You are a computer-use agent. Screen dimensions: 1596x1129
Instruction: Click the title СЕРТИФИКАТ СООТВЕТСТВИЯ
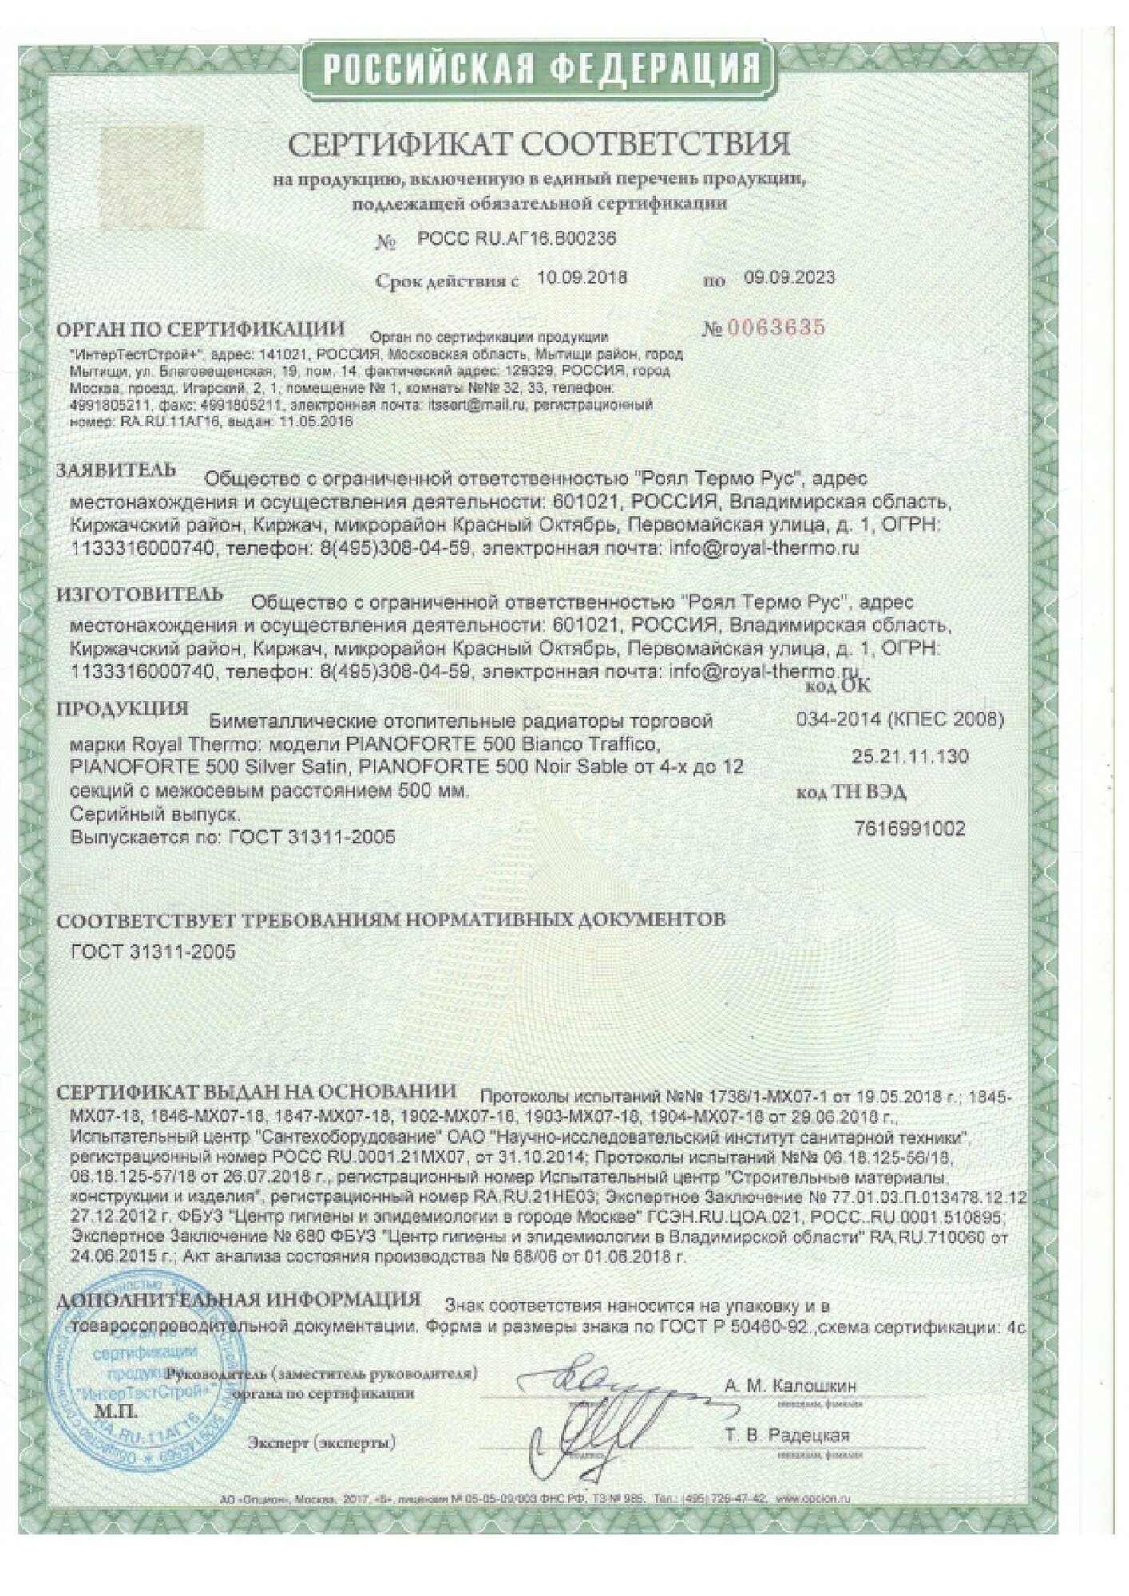538,144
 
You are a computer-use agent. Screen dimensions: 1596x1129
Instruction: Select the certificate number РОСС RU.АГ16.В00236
517,239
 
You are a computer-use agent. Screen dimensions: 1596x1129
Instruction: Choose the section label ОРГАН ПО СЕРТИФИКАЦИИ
200,329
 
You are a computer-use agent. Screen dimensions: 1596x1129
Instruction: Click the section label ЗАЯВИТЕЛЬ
116,470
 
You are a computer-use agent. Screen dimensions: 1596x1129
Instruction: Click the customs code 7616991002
909,829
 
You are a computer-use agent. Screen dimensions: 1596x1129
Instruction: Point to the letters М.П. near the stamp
117,1412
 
